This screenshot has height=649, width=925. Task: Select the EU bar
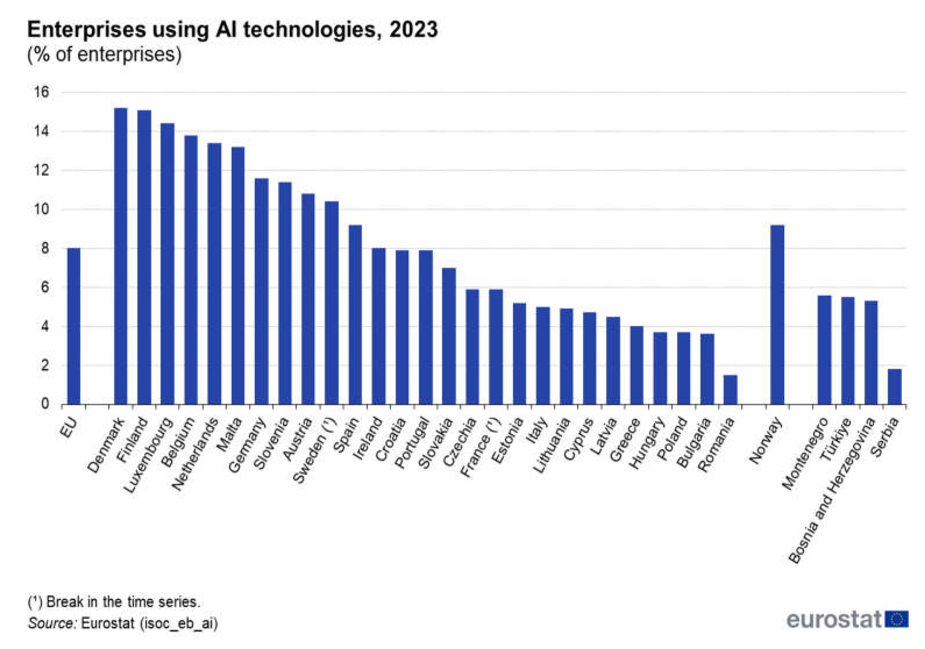(74, 326)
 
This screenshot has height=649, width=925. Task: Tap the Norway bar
(777, 314)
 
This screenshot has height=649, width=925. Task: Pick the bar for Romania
(730, 390)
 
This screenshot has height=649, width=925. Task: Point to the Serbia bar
(895, 387)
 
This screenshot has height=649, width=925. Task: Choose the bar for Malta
(238, 276)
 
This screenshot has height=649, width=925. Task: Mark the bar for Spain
(355, 314)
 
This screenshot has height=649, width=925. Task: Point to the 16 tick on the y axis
(41, 92)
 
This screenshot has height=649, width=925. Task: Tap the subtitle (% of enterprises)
(104, 54)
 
